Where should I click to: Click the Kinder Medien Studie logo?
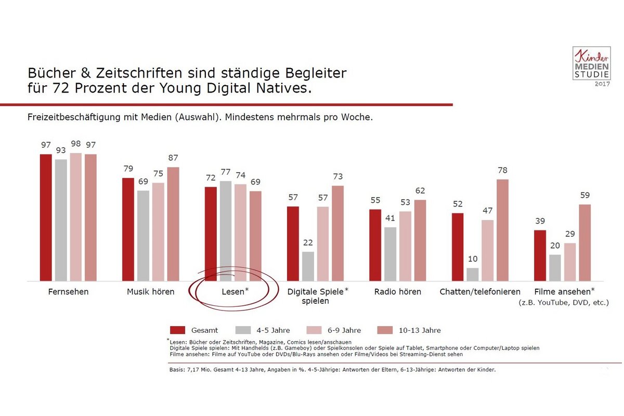pos(591,64)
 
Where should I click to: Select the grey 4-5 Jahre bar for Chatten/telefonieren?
pos(473,275)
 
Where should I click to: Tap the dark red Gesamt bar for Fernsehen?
pos(46,217)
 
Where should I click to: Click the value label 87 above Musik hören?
pos(173,158)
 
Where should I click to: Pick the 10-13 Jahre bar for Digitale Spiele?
pos(338,233)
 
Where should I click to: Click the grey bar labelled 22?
pos(308,266)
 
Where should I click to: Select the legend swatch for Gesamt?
pos(178,330)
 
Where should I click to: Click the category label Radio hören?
pos(398,292)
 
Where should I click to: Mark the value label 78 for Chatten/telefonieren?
pos(502,170)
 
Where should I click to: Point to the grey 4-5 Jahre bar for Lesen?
pos(226,231)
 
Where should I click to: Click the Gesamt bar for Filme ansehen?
pos(540,255)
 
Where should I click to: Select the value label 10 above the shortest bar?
pos(473,258)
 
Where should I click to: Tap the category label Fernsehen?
pos(68,292)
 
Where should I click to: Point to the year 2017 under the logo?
pos(602,84)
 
